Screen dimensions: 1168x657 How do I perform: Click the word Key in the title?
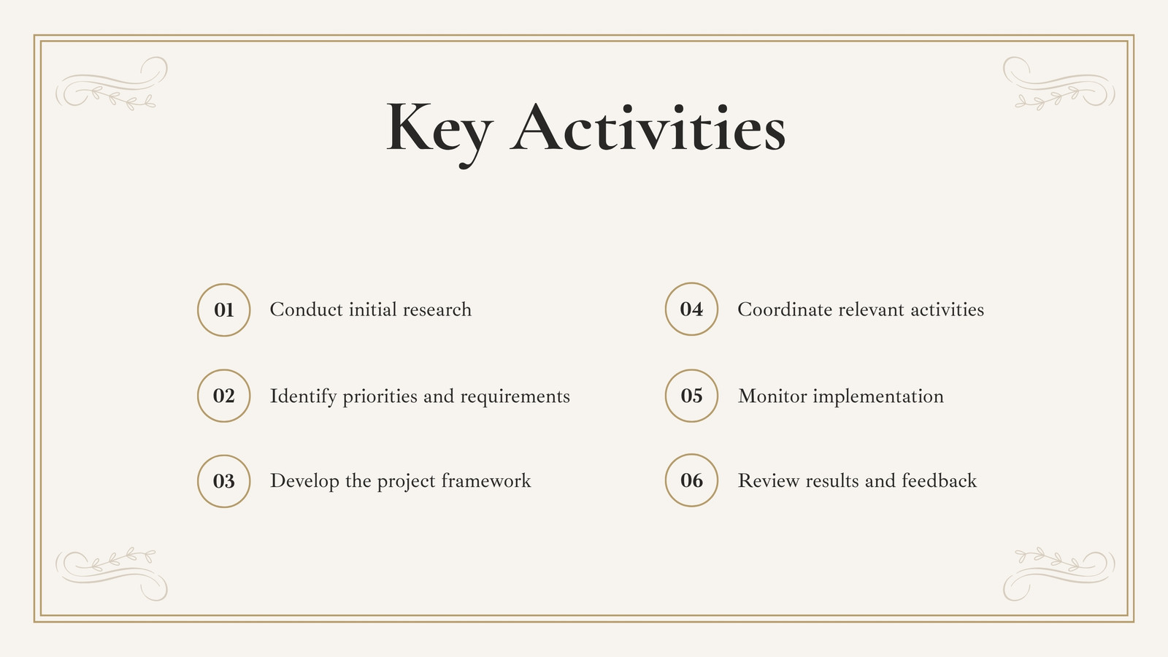click(439, 134)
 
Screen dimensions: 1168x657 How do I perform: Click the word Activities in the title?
click(648, 127)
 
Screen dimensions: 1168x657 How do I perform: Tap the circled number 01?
click(223, 310)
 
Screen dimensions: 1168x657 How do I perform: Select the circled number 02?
click(223, 396)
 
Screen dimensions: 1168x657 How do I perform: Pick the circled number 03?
click(223, 481)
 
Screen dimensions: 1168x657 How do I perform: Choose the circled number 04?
click(691, 310)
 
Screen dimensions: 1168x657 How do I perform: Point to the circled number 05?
click(691, 396)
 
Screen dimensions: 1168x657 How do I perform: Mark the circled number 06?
click(691, 480)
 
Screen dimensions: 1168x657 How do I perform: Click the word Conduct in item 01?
click(306, 310)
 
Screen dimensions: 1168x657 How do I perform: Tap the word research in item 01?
click(437, 310)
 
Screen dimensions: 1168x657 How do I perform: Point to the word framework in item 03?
click(486, 481)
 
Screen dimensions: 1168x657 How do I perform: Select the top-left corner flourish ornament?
click(112, 83)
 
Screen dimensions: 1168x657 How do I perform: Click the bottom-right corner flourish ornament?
click(1059, 574)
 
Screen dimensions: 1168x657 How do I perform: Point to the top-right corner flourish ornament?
click(1059, 83)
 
